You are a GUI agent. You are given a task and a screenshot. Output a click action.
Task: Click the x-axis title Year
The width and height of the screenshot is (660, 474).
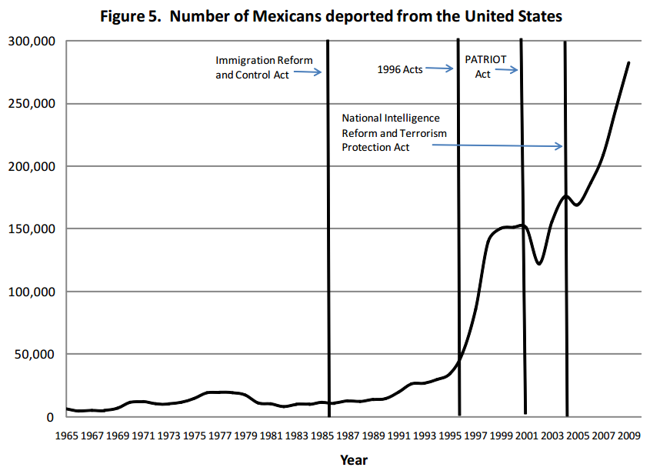tap(354, 459)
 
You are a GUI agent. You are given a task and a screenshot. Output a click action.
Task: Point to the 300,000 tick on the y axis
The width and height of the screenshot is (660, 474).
tap(31, 42)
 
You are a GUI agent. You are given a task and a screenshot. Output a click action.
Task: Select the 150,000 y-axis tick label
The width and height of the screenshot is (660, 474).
tap(31, 229)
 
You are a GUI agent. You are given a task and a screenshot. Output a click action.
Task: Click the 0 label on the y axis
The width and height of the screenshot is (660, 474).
tap(50, 418)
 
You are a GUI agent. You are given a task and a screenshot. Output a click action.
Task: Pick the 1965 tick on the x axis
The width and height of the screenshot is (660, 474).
tap(66, 435)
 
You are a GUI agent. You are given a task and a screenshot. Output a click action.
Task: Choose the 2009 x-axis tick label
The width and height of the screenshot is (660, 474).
tap(628, 435)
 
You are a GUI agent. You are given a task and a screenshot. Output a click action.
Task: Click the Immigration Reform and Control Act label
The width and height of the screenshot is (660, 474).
tap(264, 67)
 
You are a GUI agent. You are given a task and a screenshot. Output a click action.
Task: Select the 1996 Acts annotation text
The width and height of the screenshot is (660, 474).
tap(400, 69)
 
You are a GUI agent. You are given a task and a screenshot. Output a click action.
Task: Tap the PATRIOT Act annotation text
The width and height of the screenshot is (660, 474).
tap(482, 66)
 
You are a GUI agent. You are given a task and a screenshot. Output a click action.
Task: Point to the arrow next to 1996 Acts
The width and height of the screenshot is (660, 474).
tap(440, 68)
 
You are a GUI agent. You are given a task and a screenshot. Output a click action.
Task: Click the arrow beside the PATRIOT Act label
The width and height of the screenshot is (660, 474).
tap(506, 70)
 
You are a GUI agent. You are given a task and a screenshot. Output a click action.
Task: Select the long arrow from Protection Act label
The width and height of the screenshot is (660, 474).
tap(497, 146)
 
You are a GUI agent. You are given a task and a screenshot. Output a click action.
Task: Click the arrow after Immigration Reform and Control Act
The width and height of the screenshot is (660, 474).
tap(307, 72)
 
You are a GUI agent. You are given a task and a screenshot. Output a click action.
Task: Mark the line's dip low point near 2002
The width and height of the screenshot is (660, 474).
tap(539, 264)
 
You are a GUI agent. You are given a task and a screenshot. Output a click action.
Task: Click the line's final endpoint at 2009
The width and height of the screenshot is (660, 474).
tap(628, 62)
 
